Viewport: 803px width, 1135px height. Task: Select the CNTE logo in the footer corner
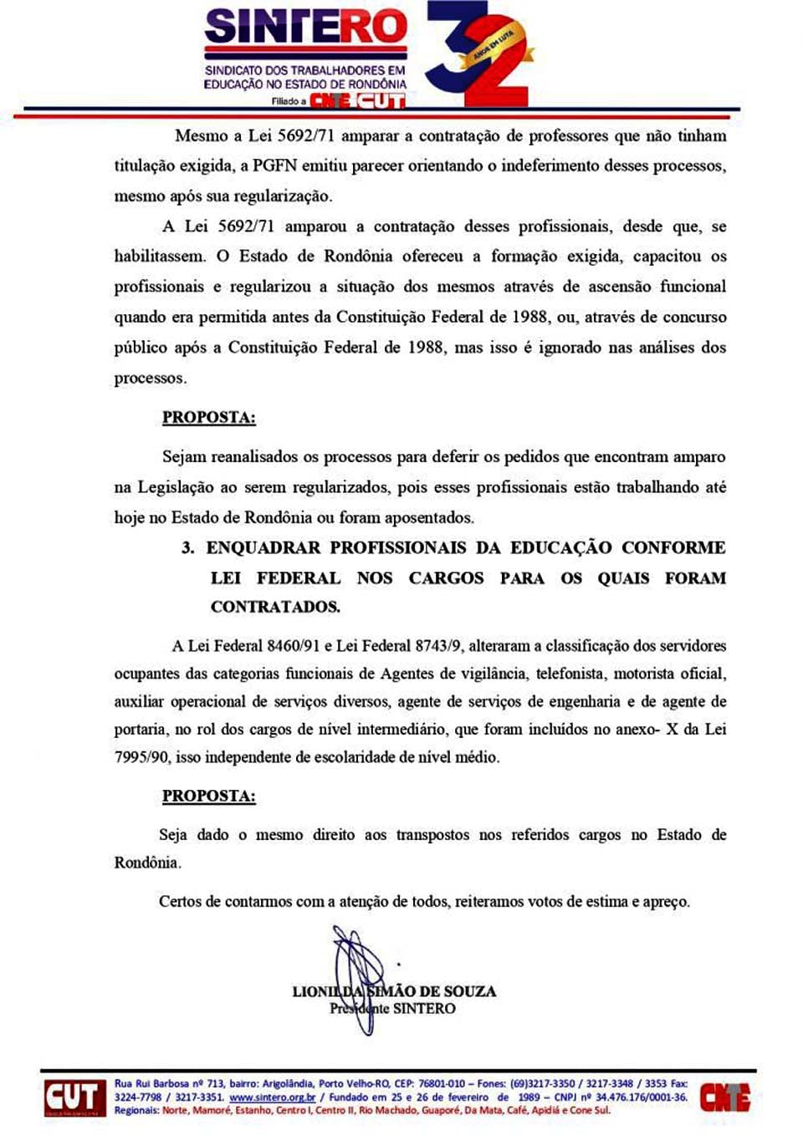coord(724,1097)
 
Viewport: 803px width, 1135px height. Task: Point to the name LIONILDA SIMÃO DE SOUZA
coord(394,991)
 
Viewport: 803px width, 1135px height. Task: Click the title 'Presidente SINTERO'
coord(393,1009)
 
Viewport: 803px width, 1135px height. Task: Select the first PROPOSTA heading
coord(209,418)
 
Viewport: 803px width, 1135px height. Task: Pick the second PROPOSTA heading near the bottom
coord(209,797)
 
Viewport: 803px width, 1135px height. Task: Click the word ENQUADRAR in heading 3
coord(263,548)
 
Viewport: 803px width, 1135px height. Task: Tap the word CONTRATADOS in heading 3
coord(275,607)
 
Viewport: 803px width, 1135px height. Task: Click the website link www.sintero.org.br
coord(272,1097)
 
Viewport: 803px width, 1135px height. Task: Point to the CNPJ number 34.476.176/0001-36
coord(641,1097)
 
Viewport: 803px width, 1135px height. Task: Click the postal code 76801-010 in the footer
coord(442,1084)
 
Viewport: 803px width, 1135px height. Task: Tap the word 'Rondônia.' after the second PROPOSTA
coord(147,863)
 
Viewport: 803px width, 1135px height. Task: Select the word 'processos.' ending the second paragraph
coord(151,379)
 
